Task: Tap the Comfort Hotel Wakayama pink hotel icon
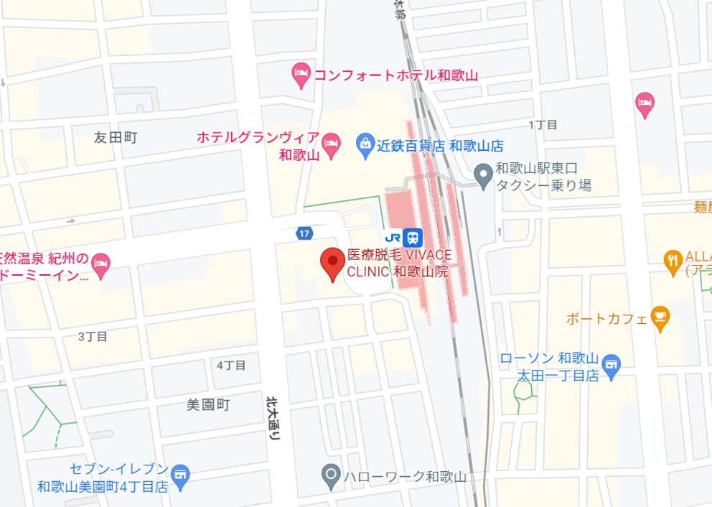[301, 74]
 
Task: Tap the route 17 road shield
[304, 233]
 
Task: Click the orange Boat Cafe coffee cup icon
[660, 317]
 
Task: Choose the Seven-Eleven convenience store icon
[180, 476]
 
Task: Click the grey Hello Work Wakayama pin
[331, 475]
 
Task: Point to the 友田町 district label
[115, 137]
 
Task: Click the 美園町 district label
[208, 405]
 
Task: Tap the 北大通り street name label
[273, 418]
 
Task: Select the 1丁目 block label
[543, 125]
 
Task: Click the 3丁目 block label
[93, 336]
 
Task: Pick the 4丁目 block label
[231, 365]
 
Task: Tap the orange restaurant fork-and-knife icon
[673, 262]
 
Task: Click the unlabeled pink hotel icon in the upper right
[645, 105]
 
